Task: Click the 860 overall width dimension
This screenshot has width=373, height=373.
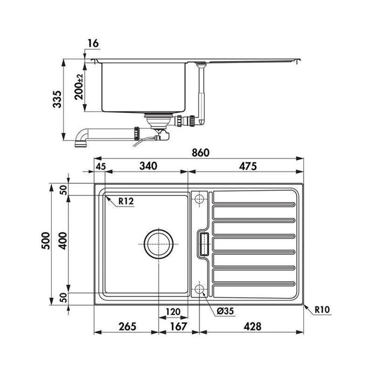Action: tap(201, 153)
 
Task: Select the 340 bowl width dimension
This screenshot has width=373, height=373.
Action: tap(148, 166)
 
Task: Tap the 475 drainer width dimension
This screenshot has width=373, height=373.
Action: tap(248, 166)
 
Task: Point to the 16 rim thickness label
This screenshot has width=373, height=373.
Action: tap(93, 44)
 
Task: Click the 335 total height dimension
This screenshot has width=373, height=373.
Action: tap(57, 99)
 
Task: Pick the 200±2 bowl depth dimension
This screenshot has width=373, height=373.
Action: tap(79, 87)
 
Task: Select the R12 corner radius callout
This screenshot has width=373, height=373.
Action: tap(126, 201)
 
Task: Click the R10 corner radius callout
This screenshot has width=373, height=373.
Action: tap(322, 310)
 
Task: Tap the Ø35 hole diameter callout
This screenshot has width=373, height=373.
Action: tap(225, 311)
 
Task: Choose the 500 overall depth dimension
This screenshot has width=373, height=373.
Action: tap(46, 241)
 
